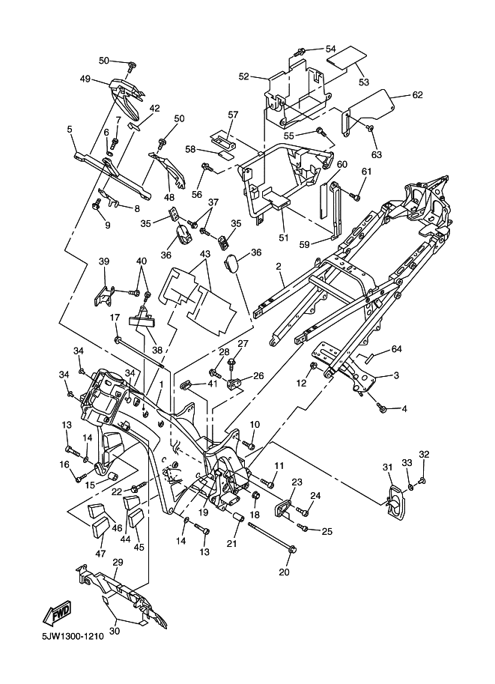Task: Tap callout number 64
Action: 396,349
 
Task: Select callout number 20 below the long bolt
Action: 284,572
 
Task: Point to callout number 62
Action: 417,94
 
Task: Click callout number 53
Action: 364,82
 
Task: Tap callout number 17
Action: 115,318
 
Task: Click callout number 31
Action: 388,467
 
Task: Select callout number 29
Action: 118,562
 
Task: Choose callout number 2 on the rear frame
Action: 279,266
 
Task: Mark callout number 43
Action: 205,253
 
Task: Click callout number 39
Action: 104,261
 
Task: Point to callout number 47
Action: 100,553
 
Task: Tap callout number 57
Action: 234,115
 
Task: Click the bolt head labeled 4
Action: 383,408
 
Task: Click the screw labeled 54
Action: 300,52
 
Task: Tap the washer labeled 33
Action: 412,486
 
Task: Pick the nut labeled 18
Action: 255,495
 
